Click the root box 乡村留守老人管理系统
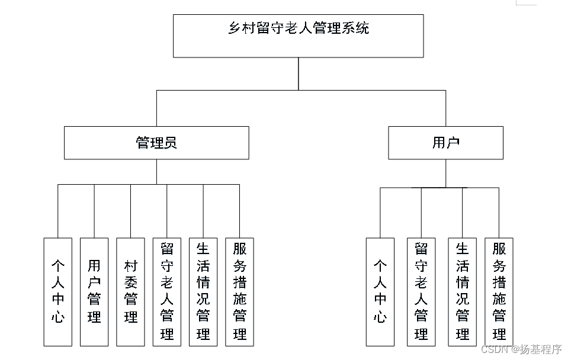298,36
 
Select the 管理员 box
156,143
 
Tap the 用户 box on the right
445,143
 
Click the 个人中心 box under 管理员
57,292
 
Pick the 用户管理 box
94,292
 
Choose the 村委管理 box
130,292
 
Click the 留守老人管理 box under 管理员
166,292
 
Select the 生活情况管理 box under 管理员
203,292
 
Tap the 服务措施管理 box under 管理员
239,292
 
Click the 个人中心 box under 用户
380,292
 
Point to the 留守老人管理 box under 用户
421,292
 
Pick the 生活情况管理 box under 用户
463,292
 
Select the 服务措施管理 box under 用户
499,292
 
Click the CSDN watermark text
521,349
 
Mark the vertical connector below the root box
298,73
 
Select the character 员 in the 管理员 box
170,143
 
